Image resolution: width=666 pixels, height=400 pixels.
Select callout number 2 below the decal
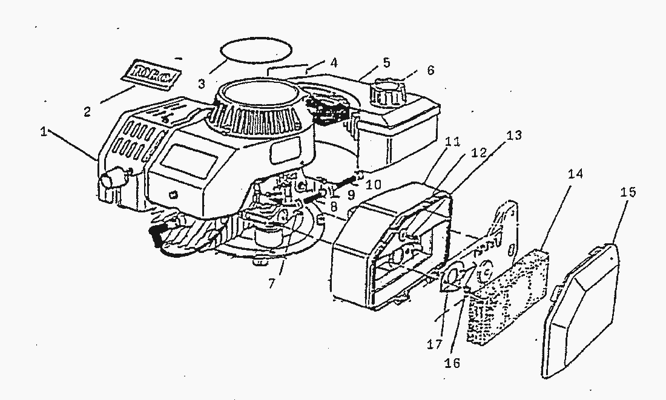point(88,111)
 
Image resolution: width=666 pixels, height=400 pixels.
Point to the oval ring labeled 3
point(255,50)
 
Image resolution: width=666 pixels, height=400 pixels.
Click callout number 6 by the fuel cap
point(430,71)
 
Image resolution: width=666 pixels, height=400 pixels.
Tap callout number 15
point(628,192)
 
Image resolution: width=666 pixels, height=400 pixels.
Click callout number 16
point(453,363)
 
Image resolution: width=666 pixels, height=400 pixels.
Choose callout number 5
point(386,62)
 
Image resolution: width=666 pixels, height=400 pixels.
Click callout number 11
point(452,142)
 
